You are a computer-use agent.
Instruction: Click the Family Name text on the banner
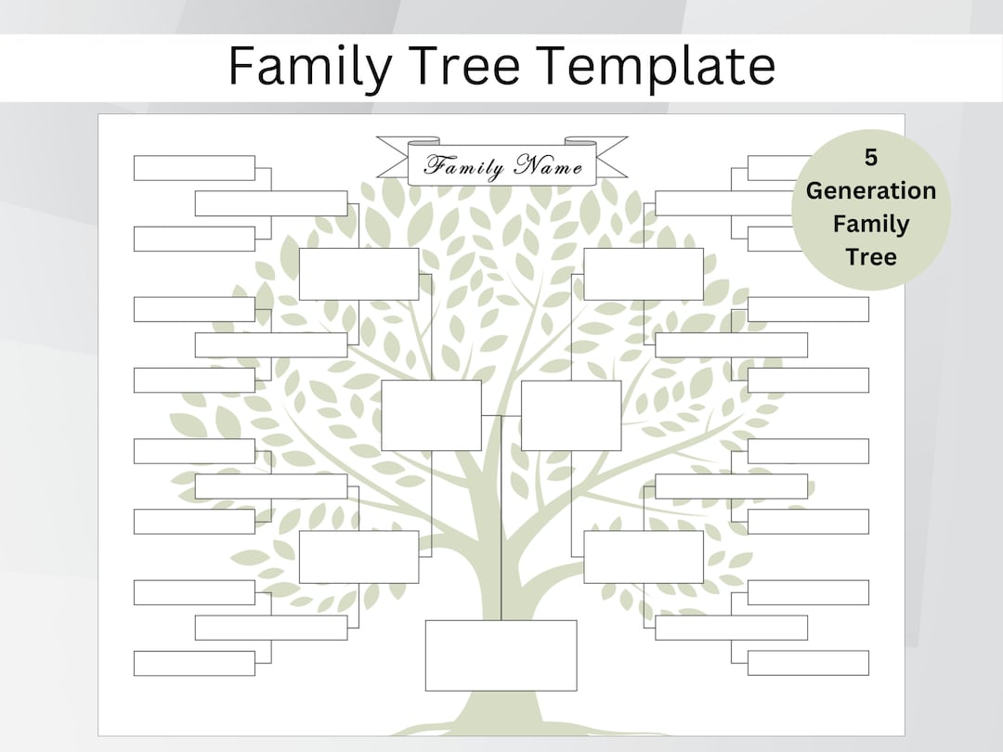point(503,167)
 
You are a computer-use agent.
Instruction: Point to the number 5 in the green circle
point(870,158)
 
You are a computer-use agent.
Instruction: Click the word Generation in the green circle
point(870,190)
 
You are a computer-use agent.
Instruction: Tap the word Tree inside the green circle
point(870,256)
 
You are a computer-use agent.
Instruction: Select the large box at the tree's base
point(501,655)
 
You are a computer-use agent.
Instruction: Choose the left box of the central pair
point(431,415)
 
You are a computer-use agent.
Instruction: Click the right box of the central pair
point(570,415)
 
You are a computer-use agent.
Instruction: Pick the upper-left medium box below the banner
point(358,274)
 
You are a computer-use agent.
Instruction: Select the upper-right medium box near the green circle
point(643,274)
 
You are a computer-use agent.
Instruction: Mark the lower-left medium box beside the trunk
point(358,557)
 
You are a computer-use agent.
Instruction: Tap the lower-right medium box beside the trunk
point(643,557)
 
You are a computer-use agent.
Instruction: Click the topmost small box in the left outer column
point(193,168)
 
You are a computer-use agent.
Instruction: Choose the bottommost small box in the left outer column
point(193,663)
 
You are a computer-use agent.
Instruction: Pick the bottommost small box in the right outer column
point(808,663)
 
